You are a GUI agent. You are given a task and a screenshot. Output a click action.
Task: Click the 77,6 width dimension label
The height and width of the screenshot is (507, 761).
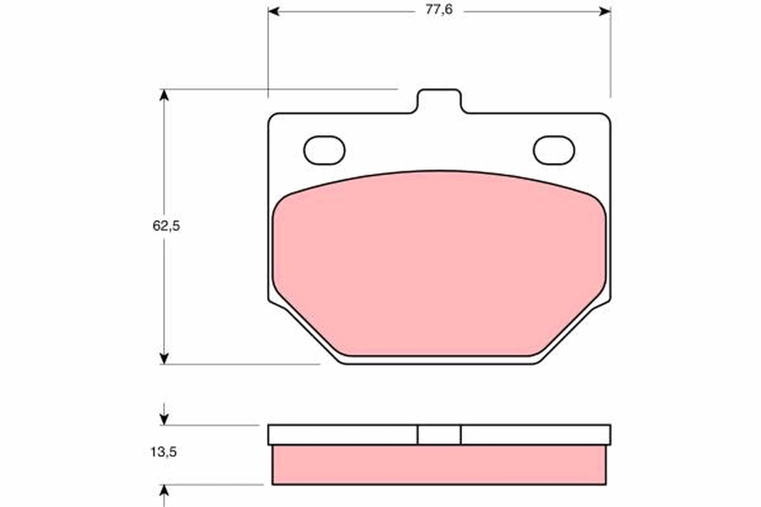point(439,10)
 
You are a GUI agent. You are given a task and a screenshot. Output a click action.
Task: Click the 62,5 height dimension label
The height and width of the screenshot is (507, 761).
point(166,226)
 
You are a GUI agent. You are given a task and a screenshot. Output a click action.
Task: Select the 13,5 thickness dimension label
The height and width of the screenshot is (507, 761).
point(164,452)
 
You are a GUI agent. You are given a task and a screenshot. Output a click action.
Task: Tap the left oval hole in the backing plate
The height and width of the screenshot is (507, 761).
point(324,150)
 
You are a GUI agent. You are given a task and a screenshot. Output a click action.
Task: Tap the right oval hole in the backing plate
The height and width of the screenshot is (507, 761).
point(554,150)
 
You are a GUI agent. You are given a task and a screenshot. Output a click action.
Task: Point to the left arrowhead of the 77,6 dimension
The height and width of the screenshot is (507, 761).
point(273,12)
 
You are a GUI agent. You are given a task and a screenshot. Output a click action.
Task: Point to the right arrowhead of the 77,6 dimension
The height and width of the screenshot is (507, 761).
point(605,12)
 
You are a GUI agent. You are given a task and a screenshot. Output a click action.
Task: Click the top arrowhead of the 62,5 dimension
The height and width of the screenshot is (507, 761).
point(164,95)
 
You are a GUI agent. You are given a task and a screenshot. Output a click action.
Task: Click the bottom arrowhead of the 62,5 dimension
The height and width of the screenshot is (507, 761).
point(164,359)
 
